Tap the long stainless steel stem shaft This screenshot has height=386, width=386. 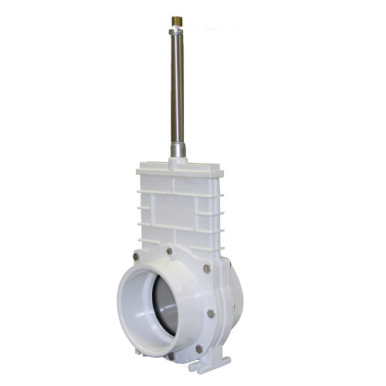(177, 85)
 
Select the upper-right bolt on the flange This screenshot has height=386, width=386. (207, 268)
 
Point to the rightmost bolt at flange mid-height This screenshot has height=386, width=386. (211, 313)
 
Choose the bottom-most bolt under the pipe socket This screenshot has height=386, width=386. (171, 356)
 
